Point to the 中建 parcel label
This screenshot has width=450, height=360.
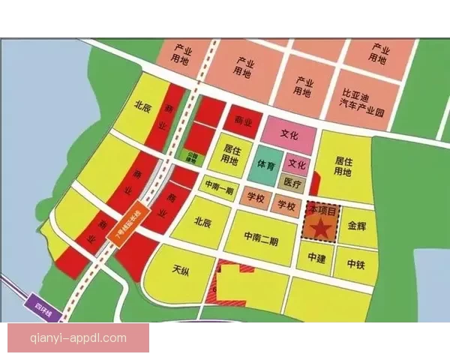coord(316,258)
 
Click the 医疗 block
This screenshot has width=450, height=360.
coord(292,182)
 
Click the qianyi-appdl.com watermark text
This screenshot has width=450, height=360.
coord(78,337)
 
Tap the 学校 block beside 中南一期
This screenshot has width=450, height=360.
coord(255,198)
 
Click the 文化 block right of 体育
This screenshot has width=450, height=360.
coord(297,164)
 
